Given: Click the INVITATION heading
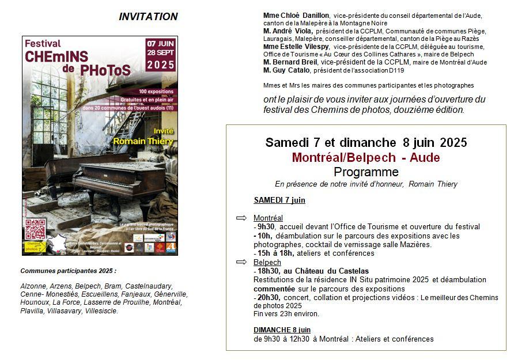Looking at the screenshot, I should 148,17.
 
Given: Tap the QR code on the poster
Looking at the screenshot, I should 36,229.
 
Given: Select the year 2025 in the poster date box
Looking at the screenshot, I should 161,65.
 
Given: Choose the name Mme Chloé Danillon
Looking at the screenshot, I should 296,16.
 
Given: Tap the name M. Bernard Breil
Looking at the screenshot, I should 291,62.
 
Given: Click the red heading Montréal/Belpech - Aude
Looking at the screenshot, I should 366,158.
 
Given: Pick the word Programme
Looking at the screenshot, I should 366,172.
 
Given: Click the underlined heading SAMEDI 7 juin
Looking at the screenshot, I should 279,200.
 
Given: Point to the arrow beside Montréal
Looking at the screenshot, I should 241,218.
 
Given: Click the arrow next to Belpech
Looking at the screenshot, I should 241,262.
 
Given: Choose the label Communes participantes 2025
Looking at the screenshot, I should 68,271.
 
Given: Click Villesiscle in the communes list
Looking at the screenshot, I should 101,311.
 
